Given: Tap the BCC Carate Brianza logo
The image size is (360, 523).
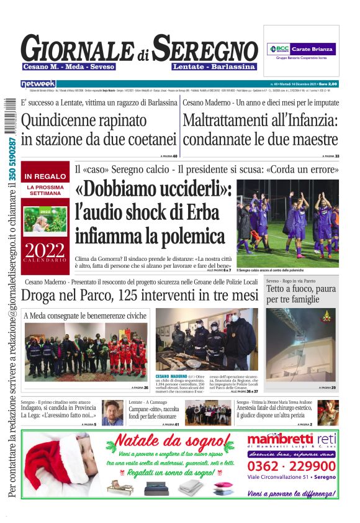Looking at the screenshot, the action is coord(301,49).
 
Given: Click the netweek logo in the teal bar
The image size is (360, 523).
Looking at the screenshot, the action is coord(38,84).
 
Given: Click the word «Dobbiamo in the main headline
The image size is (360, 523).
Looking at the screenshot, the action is coord(124,189).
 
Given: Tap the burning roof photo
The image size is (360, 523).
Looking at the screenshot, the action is coord(301,345).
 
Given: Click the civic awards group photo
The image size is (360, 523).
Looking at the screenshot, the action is coord(86,353).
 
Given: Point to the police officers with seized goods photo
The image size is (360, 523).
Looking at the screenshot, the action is coord(205,339).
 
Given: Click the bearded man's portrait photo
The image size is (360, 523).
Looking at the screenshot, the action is coord(112,412).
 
